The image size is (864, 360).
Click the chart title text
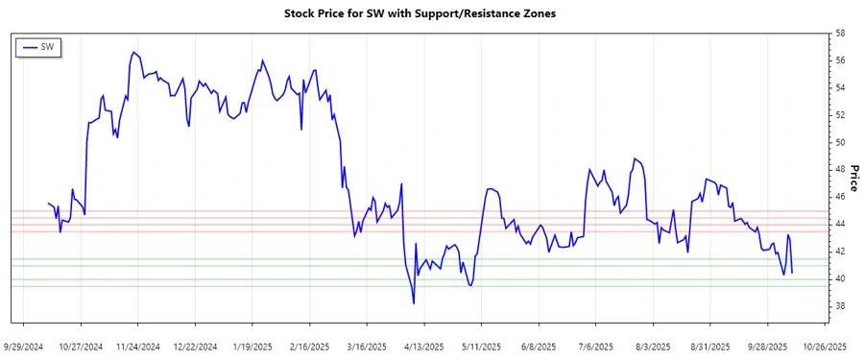click(x=420, y=14)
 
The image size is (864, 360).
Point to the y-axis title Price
click(x=852, y=177)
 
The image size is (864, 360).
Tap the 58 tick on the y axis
click(x=840, y=34)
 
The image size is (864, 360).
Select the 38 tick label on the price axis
click(x=840, y=306)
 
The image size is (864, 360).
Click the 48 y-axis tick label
click(x=840, y=170)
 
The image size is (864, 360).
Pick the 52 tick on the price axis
click(x=840, y=115)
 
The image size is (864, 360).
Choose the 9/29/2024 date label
click(x=24, y=346)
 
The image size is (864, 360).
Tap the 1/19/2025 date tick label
click(x=252, y=346)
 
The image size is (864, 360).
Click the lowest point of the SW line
click(x=414, y=303)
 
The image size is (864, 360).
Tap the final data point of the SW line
click(x=792, y=273)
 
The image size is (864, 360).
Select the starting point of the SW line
click(x=48, y=204)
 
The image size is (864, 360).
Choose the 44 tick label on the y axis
click(x=840, y=225)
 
